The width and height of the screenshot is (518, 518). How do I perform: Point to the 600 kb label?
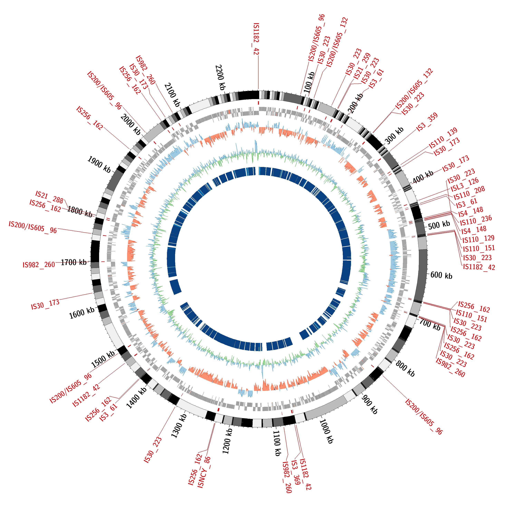441,275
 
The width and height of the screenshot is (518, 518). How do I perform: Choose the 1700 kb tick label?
74,262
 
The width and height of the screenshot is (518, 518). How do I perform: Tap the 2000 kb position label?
130,124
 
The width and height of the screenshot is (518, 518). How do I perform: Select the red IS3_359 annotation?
427,122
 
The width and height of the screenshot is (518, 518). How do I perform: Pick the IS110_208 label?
469,193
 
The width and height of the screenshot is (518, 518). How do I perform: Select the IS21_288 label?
49,197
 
